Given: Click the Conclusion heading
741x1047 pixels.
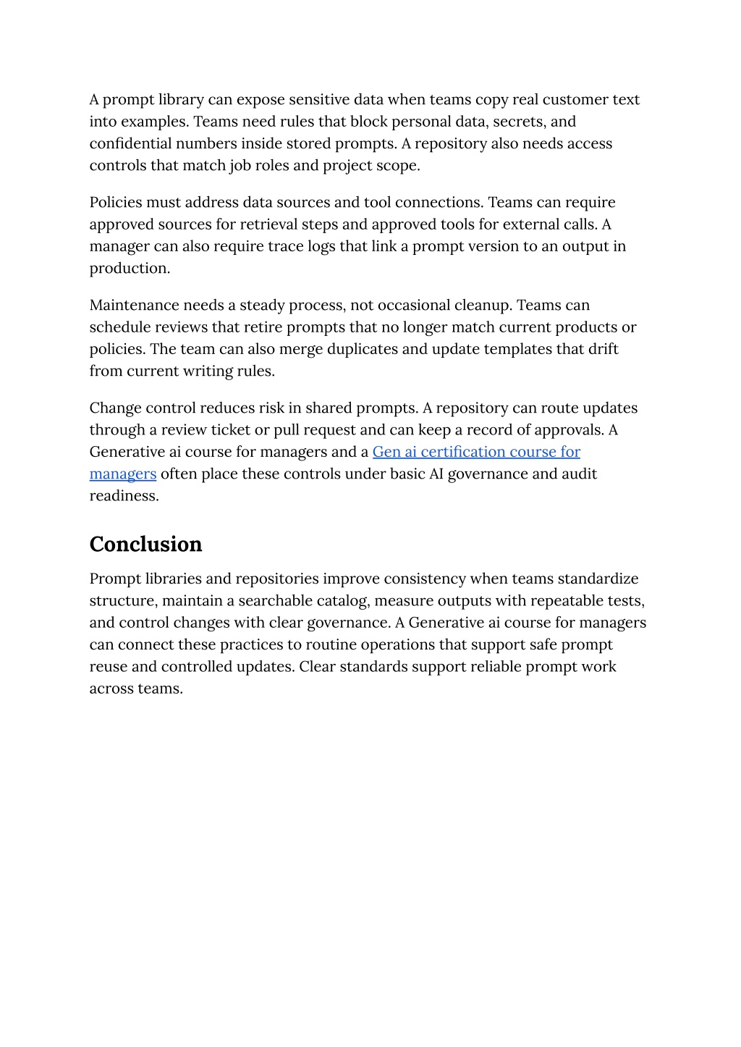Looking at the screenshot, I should pos(145,544).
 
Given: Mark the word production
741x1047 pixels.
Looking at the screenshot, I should pos(130,268).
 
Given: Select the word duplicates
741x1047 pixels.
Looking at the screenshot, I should pos(363,348).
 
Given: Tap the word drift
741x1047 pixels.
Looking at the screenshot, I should pos(604,348).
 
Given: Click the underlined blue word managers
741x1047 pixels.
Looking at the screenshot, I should pos(123,474).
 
